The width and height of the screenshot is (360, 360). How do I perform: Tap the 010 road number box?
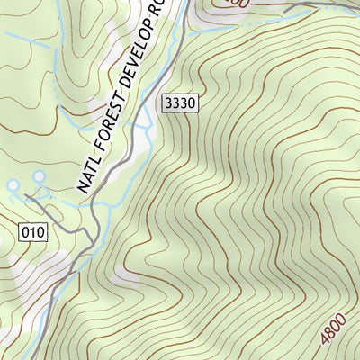(31, 233)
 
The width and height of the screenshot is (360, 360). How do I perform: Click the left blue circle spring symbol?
(13, 185)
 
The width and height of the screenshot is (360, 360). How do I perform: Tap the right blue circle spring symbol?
(39, 176)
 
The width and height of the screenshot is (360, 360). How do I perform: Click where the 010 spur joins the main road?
(90, 236)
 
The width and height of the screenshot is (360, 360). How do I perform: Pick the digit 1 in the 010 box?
(31, 233)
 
